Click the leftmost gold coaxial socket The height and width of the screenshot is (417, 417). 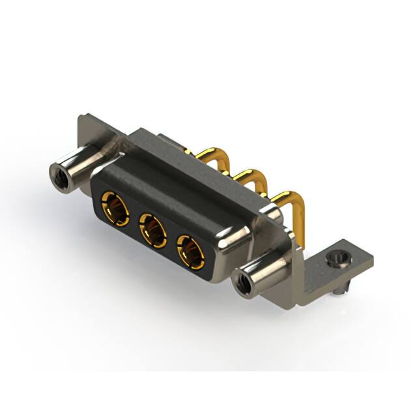coord(115,208)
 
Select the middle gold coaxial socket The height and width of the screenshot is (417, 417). coord(152,229)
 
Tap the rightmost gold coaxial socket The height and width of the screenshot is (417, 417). coord(192,251)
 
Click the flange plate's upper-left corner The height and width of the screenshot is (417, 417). coord(81,119)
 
